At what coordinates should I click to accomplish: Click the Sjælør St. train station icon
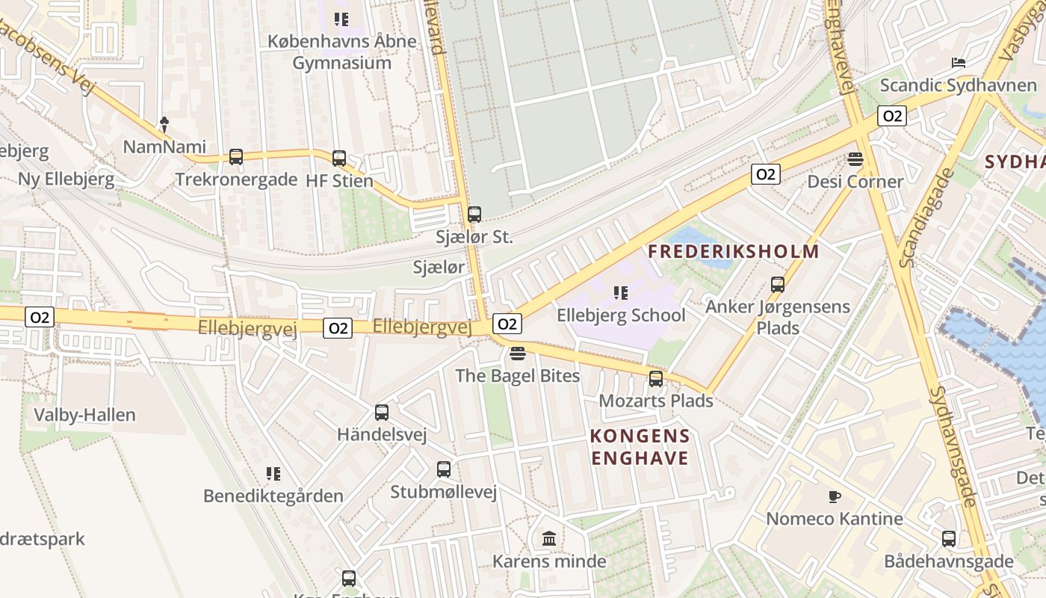pos(474,215)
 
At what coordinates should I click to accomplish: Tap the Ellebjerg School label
pos(620,315)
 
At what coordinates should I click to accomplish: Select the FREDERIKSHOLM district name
pos(734,251)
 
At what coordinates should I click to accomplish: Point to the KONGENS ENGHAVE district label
pos(640,447)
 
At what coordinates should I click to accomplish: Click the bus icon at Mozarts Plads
pos(656,379)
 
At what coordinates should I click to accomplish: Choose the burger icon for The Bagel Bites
pos(518,352)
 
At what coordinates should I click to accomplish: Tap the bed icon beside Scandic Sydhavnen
pos(959,63)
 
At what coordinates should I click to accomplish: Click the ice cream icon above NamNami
pos(164,124)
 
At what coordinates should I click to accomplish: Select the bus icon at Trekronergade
pos(236,157)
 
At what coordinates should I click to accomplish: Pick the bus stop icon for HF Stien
pos(339,158)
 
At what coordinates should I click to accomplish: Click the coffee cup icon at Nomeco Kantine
pos(835,496)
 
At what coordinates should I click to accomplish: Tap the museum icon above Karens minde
pos(549,538)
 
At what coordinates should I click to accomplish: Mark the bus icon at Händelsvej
pos(382,412)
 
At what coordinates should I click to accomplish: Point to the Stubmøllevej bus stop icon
pos(444,469)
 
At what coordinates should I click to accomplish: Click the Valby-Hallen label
pos(85,415)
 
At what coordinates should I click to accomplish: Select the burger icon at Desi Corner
pos(855,159)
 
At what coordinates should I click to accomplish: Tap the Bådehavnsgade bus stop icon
pos(949,538)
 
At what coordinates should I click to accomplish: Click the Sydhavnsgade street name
pos(953,447)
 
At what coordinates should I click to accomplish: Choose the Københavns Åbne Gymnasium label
pos(342,52)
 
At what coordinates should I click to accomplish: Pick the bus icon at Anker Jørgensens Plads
pos(778,285)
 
